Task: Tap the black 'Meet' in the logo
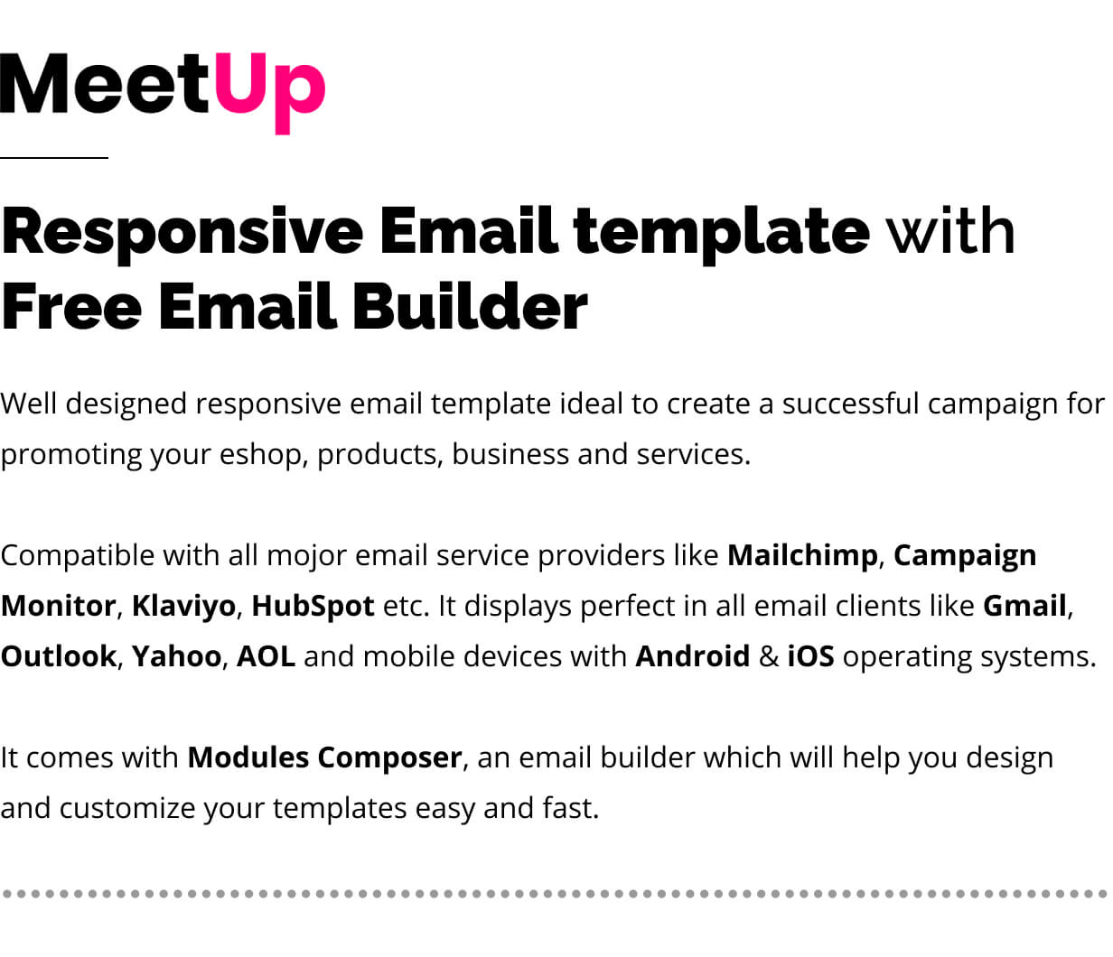(x=105, y=83)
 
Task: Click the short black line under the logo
(x=54, y=158)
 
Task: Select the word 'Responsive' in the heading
(x=182, y=235)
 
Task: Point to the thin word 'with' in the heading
(x=951, y=230)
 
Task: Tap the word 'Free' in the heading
(x=71, y=306)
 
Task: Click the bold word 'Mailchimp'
(x=802, y=556)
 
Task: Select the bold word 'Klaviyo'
(x=183, y=607)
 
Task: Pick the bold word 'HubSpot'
(x=313, y=607)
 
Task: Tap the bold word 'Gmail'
(x=1024, y=606)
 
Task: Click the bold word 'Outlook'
(x=58, y=656)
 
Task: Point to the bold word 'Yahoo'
(x=176, y=656)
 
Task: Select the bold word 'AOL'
(x=266, y=656)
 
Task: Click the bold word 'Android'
(x=692, y=656)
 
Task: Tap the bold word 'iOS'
(x=811, y=656)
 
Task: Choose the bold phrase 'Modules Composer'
(x=324, y=758)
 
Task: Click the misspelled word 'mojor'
(x=306, y=556)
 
